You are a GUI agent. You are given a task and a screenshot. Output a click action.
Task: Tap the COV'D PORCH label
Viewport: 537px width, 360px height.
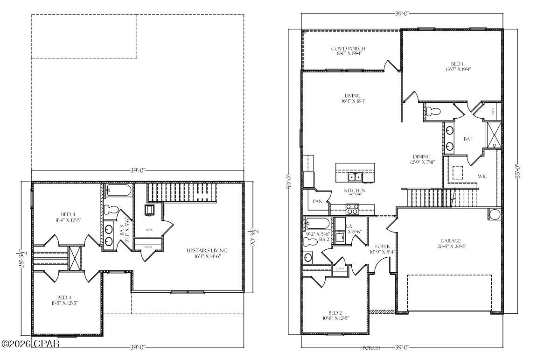[x=348, y=49]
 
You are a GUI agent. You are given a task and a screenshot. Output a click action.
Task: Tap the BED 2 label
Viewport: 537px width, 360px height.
[x=335, y=313]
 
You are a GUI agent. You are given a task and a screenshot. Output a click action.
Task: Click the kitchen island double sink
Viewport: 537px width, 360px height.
[x=355, y=177]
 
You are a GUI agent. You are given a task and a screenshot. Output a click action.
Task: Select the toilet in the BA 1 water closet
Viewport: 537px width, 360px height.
[x=433, y=111]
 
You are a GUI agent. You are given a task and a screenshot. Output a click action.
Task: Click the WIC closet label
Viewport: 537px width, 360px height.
[x=482, y=176]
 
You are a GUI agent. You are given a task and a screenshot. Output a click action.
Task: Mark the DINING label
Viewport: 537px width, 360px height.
[x=421, y=157]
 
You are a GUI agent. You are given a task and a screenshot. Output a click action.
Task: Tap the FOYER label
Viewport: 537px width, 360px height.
[x=383, y=246]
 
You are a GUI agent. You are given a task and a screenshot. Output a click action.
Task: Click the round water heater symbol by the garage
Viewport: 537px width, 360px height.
[x=494, y=214]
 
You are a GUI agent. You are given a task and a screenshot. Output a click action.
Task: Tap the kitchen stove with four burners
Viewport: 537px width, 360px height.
[x=353, y=211]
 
